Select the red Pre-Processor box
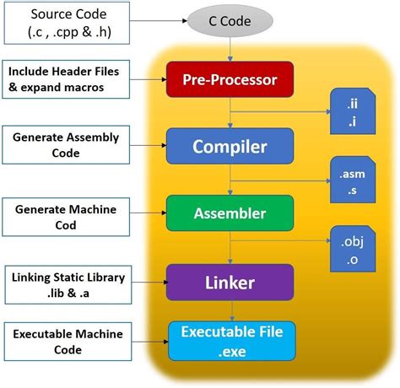point(230,81)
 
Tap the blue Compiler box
point(230,146)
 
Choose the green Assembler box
point(230,213)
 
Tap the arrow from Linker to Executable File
point(230,309)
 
